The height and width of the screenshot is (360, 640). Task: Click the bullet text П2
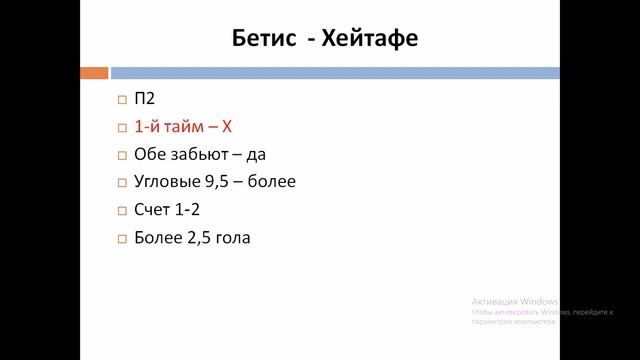[x=144, y=99]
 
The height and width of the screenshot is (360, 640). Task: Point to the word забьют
[x=197, y=155]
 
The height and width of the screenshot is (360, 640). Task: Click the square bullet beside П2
[x=121, y=100]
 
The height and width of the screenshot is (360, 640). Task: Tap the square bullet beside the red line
[x=121, y=128]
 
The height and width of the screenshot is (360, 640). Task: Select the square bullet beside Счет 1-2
[x=121, y=212]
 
